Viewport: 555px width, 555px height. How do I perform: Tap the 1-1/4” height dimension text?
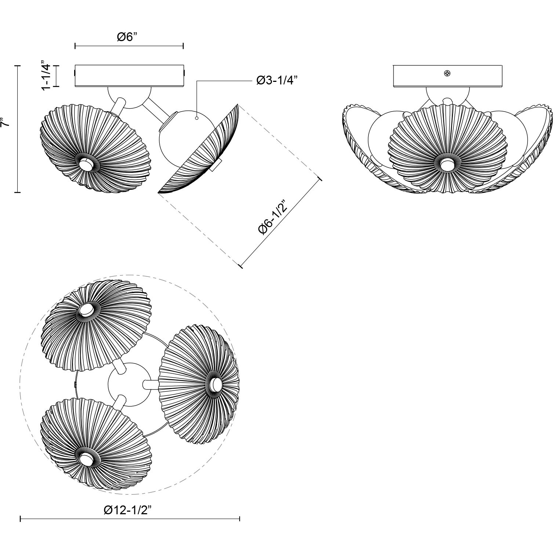[x=46, y=76]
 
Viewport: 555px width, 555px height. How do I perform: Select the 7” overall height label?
[x=5, y=122]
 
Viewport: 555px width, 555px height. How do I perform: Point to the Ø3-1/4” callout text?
[x=276, y=80]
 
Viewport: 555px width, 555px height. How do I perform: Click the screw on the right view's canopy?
[x=447, y=74]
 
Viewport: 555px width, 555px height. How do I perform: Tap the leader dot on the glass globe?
[x=197, y=118]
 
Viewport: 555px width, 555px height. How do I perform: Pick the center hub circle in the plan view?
[x=129, y=384]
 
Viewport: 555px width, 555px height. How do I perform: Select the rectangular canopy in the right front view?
[x=447, y=76]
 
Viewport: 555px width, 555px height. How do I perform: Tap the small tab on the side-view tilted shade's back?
[x=217, y=165]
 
